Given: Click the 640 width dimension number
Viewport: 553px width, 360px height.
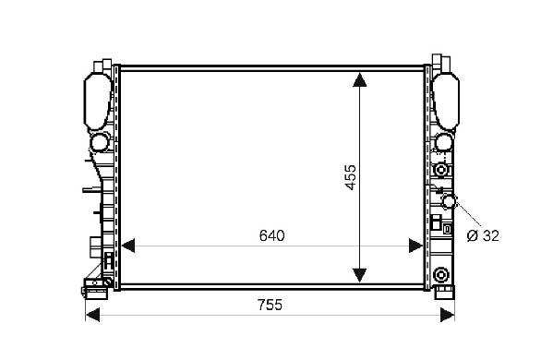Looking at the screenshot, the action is tap(271, 236).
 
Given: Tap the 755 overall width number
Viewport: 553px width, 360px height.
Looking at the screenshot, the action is tap(270, 305).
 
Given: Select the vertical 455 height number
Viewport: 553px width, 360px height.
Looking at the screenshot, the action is tap(351, 177).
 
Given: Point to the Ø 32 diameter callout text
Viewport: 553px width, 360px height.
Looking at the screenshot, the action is tap(483, 236).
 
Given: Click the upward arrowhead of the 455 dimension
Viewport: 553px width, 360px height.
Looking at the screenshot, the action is tap(359, 79).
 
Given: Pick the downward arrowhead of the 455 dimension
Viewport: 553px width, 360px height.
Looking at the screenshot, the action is tap(359, 275).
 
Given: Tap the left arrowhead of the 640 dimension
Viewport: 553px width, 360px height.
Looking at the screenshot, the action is tap(127, 246).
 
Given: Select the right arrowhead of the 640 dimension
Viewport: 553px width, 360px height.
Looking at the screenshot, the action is tap(415, 246).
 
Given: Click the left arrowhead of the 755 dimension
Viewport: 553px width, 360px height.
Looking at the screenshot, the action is tap(92, 315).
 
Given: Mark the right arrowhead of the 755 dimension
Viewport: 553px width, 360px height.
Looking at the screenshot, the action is tap(448, 315).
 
